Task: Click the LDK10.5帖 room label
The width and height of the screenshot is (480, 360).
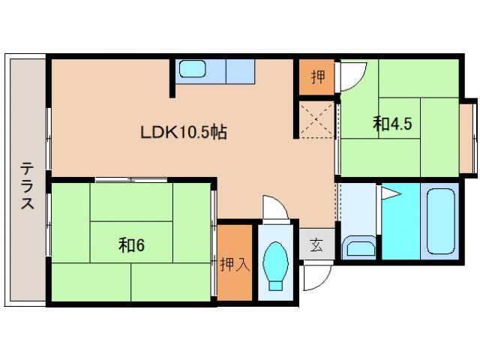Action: click(x=183, y=132)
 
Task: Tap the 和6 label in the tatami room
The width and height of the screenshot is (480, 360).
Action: click(x=131, y=245)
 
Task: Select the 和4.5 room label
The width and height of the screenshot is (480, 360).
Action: click(x=392, y=124)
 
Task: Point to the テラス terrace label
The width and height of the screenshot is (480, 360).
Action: click(x=27, y=185)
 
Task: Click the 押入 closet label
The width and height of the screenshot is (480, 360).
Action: click(x=235, y=265)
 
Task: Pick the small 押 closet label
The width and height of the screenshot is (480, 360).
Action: click(x=318, y=76)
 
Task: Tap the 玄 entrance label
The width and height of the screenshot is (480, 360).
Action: click(x=316, y=245)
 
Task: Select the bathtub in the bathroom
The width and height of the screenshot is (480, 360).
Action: click(x=441, y=221)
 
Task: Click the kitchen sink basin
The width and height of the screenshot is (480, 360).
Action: click(x=192, y=68)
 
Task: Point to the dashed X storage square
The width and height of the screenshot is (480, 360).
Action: click(x=316, y=119)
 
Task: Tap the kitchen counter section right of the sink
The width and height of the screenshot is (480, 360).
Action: click(x=240, y=71)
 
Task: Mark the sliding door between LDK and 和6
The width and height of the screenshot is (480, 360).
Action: click(x=131, y=180)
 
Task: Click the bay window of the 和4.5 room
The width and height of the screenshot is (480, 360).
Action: click(x=468, y=138)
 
